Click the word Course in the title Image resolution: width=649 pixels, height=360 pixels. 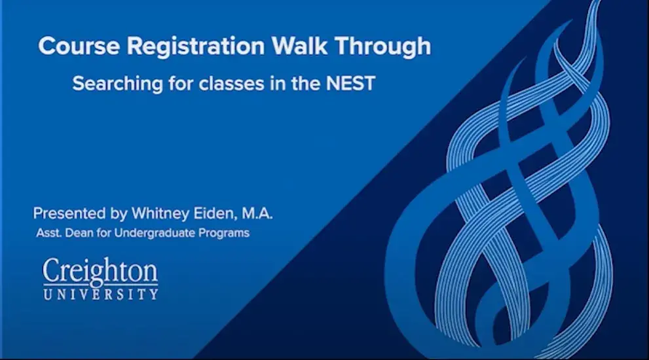click(x=79, y=46)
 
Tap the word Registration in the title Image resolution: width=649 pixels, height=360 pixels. click(x=196, y=46)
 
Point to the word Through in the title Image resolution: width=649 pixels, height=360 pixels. click(x=383, y=46)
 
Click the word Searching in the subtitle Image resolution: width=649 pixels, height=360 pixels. click(x=117, y=84)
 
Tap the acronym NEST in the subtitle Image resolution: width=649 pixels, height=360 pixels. click(x=350, y=84)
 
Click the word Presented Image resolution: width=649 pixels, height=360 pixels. click(x=69, y=213)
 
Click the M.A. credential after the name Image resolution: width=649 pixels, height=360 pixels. click(x=257, y=213)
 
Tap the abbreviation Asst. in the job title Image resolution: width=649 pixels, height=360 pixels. click(x=48, y=233)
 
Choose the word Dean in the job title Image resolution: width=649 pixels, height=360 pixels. click(x=79, y=233)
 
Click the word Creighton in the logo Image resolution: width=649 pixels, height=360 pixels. click(x=100, y=272)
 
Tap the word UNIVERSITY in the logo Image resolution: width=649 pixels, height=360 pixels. click(x=101, y=294)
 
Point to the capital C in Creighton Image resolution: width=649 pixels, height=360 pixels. click(x=51, y=272)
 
